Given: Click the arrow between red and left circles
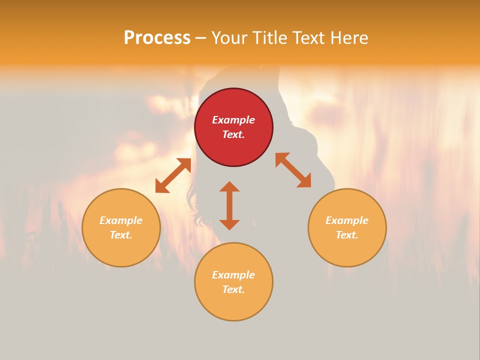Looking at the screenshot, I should (173, 175).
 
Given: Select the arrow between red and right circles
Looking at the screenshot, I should (293, 170).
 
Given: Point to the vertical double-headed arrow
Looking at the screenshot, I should (229, 206).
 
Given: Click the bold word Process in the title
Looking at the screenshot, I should (157, 38).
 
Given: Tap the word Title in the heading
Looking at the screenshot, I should (270, 38).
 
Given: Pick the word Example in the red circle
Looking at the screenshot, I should (233, 120).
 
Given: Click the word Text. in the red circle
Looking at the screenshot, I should (233, 134).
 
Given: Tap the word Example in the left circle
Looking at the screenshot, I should (121, 220).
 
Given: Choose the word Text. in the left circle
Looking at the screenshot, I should (121, 235).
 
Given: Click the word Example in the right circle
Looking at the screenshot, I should (347, 220).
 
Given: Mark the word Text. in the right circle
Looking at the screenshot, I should (347, 235).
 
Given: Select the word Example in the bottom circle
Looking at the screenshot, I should (233, 275).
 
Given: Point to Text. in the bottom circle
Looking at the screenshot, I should (233, 289).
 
